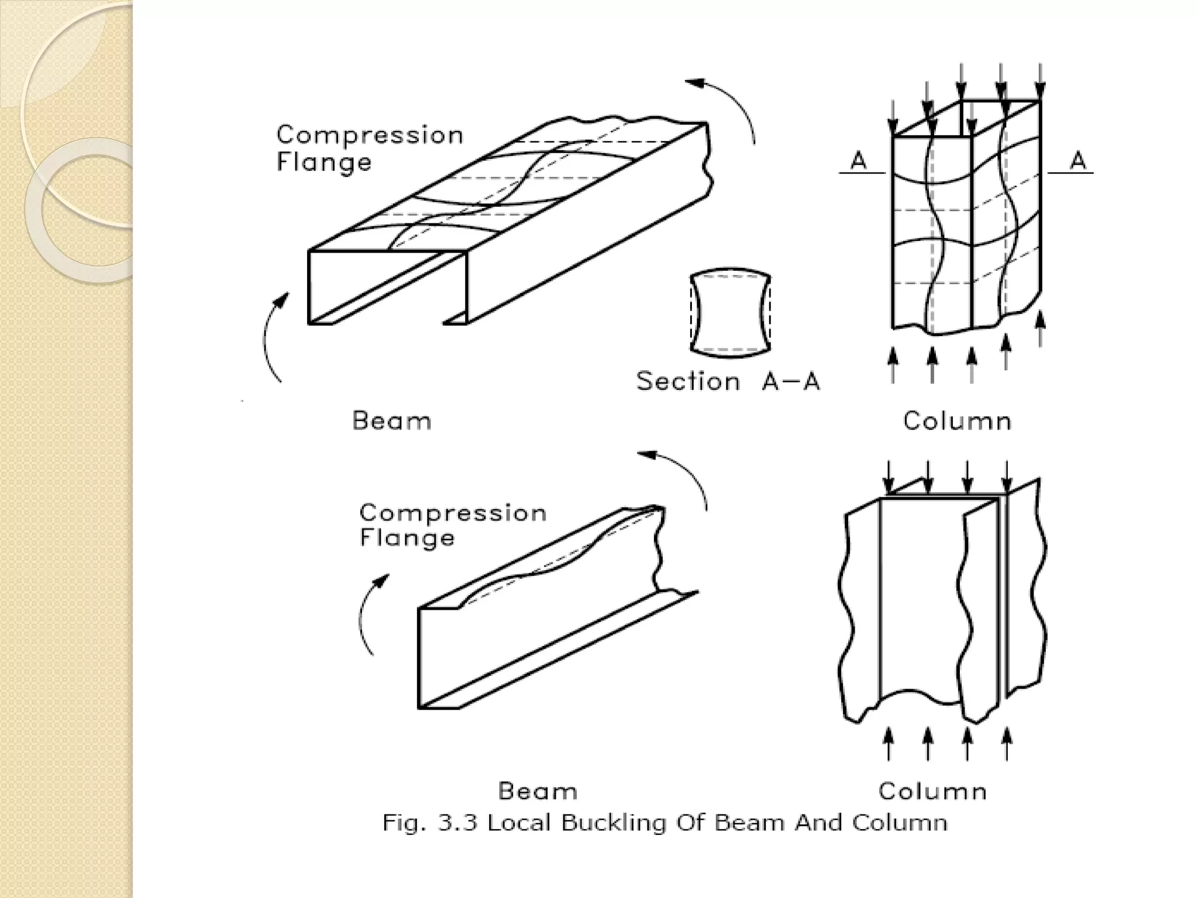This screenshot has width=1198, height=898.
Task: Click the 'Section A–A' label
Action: [x=728, y=382]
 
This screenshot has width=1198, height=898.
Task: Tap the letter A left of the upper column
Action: [x=858, y=160]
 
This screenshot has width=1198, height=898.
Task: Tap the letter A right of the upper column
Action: [x=1078, y=160]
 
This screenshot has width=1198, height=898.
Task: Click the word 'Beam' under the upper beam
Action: [x=391, y=421]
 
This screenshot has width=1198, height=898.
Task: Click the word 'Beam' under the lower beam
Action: [x=538, y=791]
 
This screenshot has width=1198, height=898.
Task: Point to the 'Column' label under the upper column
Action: [x=957, y=421]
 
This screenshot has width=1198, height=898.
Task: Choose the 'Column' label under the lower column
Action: [x=932, y=791]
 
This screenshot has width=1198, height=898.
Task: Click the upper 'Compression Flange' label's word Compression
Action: [x=370, y=135]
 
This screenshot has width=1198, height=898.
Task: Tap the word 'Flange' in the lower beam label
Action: [x=407, y=538]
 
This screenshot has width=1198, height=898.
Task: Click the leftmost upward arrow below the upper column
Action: [x=893, y=365]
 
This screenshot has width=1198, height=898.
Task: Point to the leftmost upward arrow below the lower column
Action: [x=889, y=742]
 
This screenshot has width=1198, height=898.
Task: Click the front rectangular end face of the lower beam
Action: [x=439, y=658]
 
